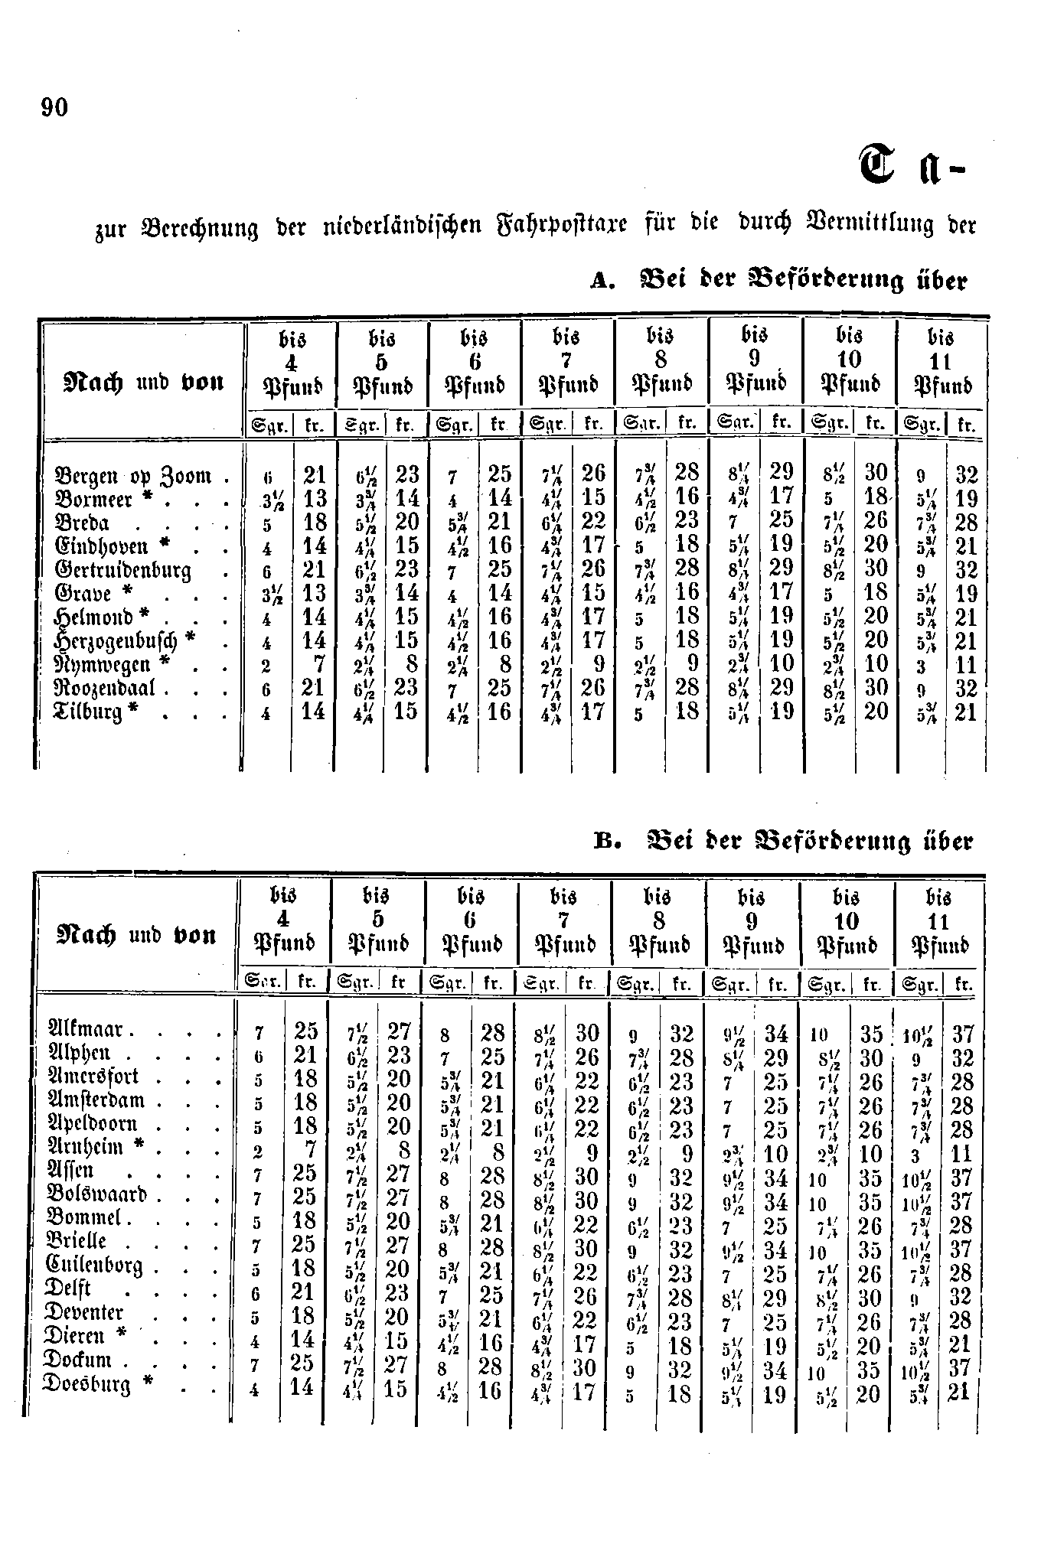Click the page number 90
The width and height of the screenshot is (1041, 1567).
tap(55, 108)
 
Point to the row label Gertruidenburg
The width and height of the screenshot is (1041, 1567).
tap(123, 572)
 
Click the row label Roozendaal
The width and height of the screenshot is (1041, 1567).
tap(106, 689)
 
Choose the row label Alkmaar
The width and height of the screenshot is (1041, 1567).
tap(91, 1029)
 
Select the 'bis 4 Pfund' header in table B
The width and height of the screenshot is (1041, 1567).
tap(284, 920)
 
